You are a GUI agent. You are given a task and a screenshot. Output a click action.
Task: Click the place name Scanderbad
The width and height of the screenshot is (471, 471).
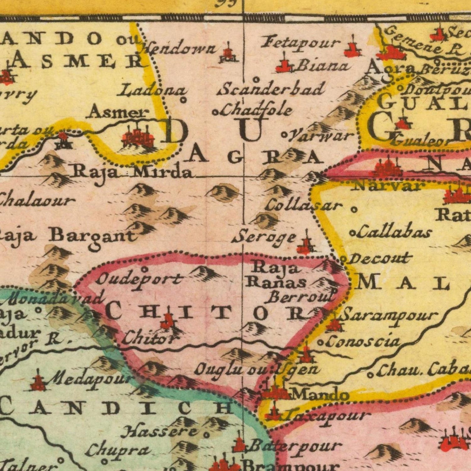click(273, 89)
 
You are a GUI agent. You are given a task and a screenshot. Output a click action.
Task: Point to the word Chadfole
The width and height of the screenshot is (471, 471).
click(257, 110)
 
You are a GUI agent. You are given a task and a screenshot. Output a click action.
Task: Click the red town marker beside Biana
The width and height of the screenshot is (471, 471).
click(284, 66)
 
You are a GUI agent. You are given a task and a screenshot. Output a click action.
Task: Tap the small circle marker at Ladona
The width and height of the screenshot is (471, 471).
click(184, 100)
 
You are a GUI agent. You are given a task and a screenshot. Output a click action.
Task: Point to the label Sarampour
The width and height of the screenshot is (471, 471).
click(389, 316)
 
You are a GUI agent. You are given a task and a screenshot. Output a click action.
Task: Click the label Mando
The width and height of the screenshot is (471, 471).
click(320, 395)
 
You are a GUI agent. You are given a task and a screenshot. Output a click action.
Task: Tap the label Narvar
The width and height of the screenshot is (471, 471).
click(389, 186)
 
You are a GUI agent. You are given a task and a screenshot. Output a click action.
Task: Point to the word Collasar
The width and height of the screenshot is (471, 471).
click(303, 206)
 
